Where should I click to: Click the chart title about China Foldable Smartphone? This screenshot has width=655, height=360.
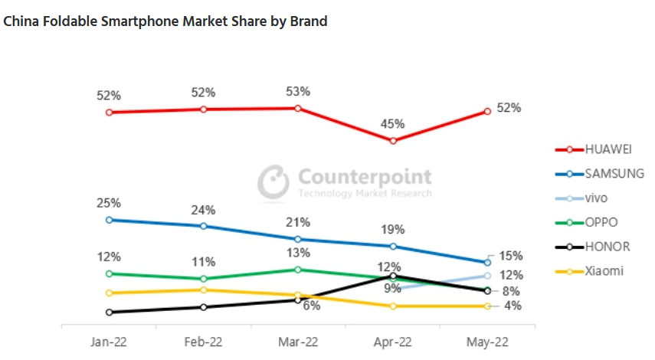pyautogui.click(x=165, y=21)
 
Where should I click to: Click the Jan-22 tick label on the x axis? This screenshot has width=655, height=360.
pyautogui.click(x=109, y=342)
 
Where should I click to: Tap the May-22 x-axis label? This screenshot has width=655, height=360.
pyautogui.click(x=486, y=342)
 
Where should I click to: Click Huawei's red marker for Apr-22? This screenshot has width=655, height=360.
pyautogui.click(x=393, y=141)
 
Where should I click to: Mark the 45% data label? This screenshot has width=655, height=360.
pyautogui.click(x=392, y=124)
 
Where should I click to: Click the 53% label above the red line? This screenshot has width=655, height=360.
pyautogui.click(x=298, y=91)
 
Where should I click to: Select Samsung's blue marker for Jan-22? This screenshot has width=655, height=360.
pyautogui.click(x=110, y=220)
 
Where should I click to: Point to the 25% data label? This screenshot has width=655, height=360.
pyautogui.click(x=108, y=203)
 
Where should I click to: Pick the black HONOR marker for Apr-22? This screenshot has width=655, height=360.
pyautogui.click(x=393, y=276)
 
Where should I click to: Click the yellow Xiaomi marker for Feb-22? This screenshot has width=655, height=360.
pyautogui.click(x=204, y=290)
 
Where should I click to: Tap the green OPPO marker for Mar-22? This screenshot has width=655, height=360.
pyautogui.click(x=298, y=270)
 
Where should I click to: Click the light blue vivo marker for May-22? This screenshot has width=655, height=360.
pyautogui.click(x=487, y=276)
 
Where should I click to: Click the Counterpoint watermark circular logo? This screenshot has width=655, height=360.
pyautogui.click(x=273, y=182)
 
